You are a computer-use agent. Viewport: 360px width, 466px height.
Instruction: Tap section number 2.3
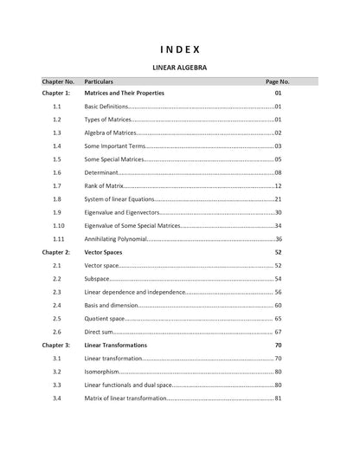(x=56, y=292)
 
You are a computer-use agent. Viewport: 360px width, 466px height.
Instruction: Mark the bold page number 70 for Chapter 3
(x=278, y=345)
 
